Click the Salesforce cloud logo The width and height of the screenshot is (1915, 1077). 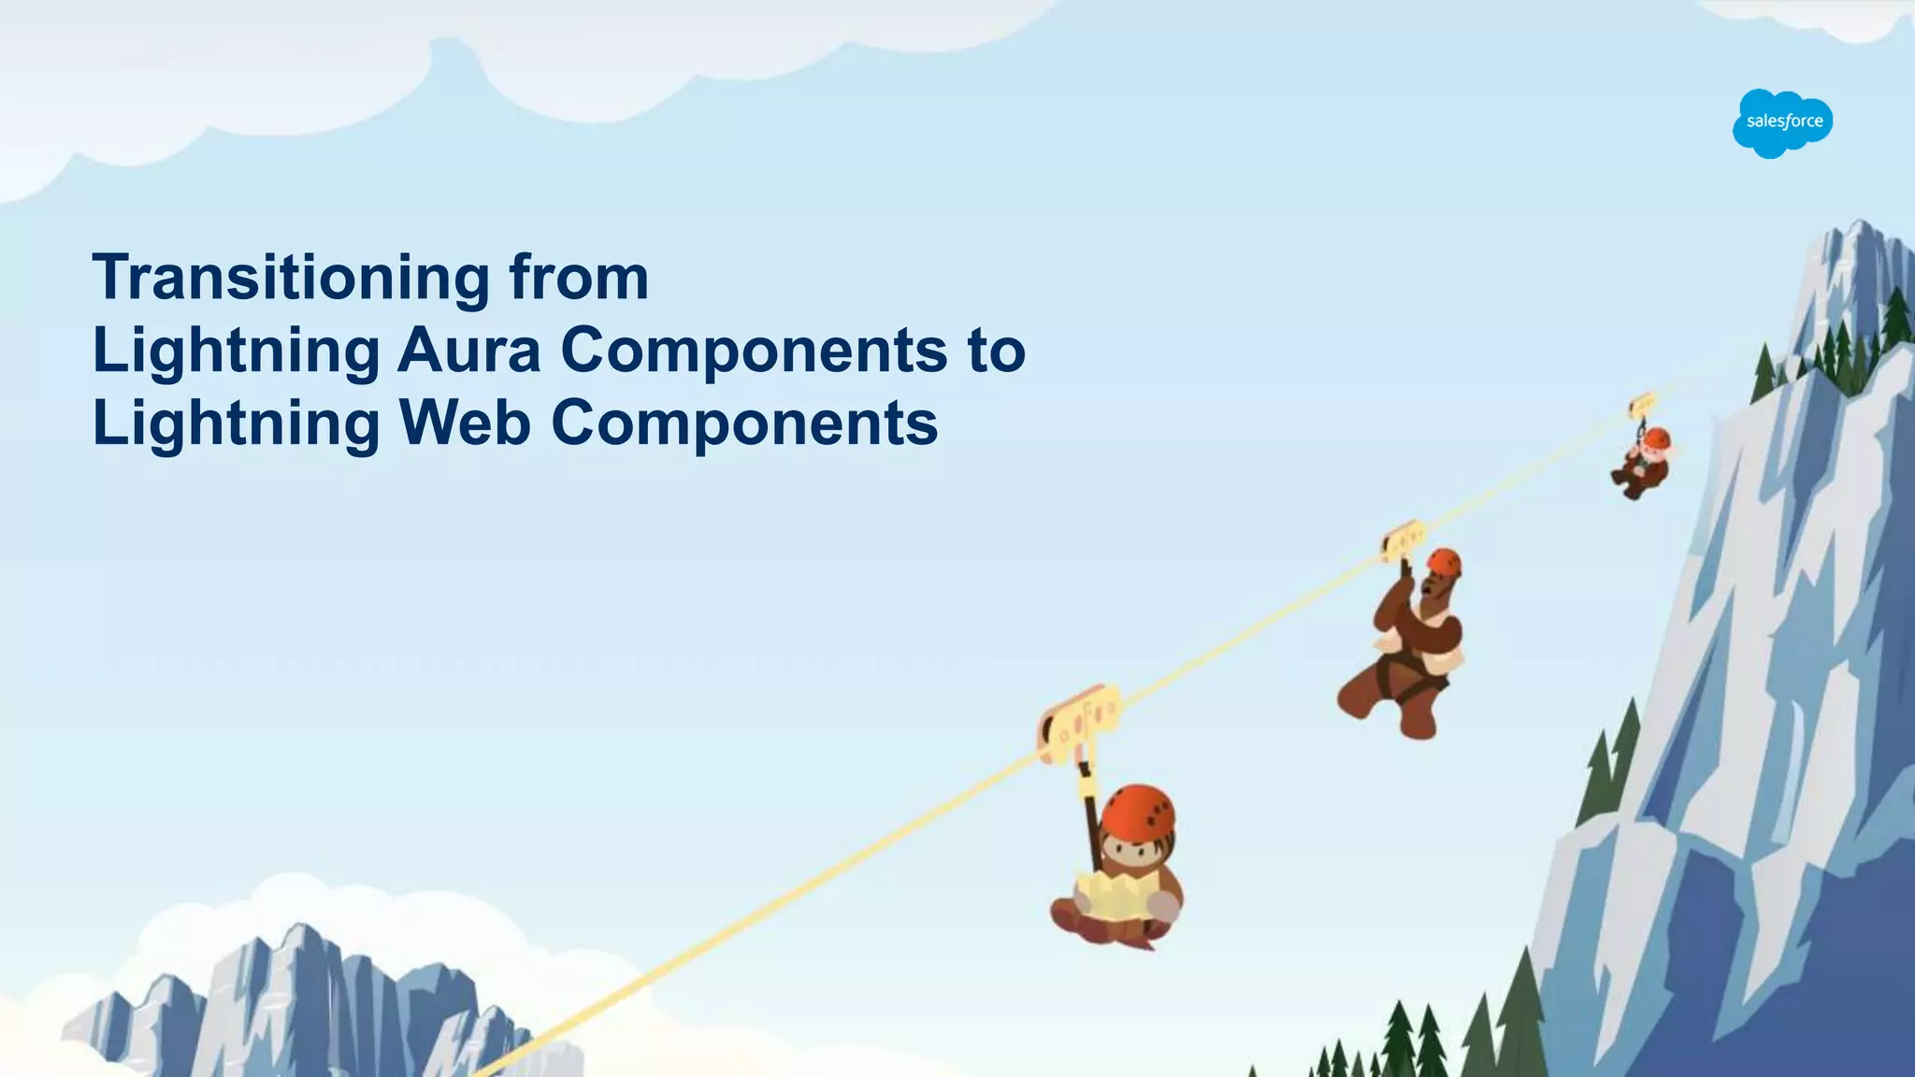1782,123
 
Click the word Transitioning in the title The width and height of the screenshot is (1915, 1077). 290,278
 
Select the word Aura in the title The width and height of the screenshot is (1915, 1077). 469,351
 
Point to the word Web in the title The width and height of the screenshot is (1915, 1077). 465,423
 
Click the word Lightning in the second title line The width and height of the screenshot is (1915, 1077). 236,351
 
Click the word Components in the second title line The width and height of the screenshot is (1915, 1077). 754,351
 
